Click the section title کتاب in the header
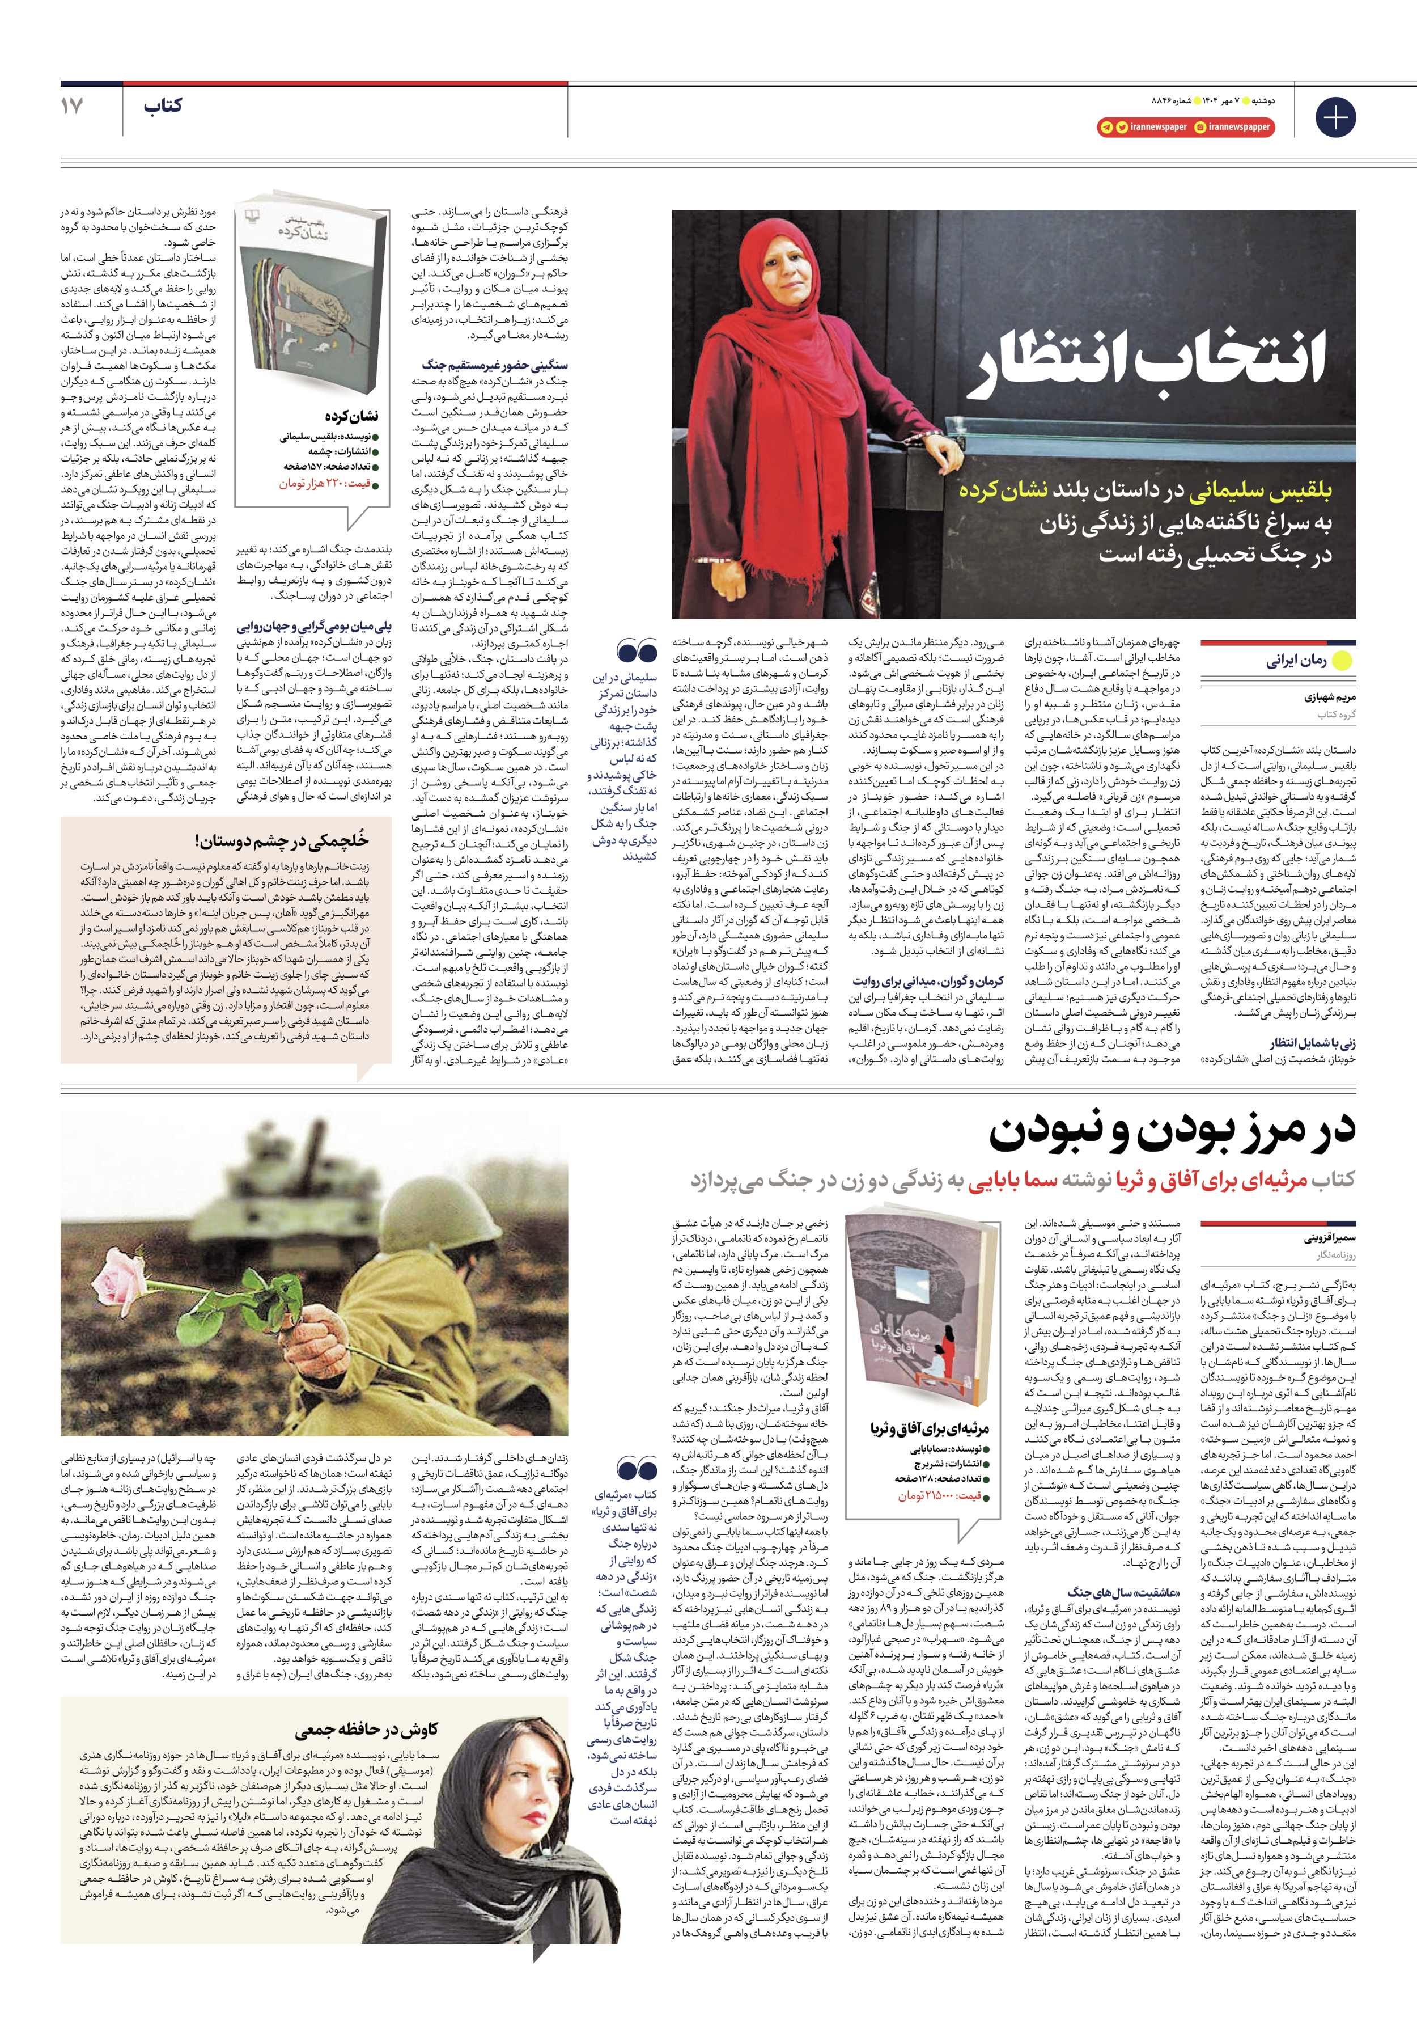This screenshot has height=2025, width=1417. tap(163, 106)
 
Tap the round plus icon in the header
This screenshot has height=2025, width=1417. tap(1335, 117)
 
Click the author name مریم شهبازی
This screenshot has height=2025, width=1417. tap(1330, 697)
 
